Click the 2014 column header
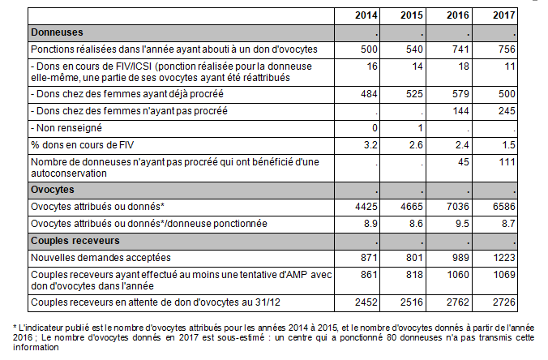pyautogui.click(x=366, y=15)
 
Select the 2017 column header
pyautogui.click(x=504, y=15)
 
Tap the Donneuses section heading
pyautogui.click(x=57, y=32)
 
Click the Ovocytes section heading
pyautogui.click(x=53, y=190)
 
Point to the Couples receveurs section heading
pyautogui.click(x=75, y=241)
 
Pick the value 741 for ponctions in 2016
pyautogui.click(x=460, y=49)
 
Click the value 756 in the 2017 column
pyautogui.click(x=507, y=49)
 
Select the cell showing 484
pyautogui.click(x=369, y=94)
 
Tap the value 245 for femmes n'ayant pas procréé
pyautogui.click(x=507, y=111)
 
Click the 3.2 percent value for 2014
pyautogui.click(x=370, y=145)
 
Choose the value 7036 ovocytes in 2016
pyautogui.click(x=458, y=207)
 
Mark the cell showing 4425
pyautogui.click(x=366, y=207)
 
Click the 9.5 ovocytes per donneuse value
pyautogui.click(x=462, y=224)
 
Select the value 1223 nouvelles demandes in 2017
pyautogui.click(x=504, y=258)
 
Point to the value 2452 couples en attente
pyautogui.click(x=366, y=302)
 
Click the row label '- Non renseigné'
pyautogui.click(x=66, y=128)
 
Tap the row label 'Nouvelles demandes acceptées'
pyautogui.click(x=101, y=258)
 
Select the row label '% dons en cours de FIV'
pyautogui.click(x=82, y=145)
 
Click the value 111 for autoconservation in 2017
pyautogui.click(x=507, y=162)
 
